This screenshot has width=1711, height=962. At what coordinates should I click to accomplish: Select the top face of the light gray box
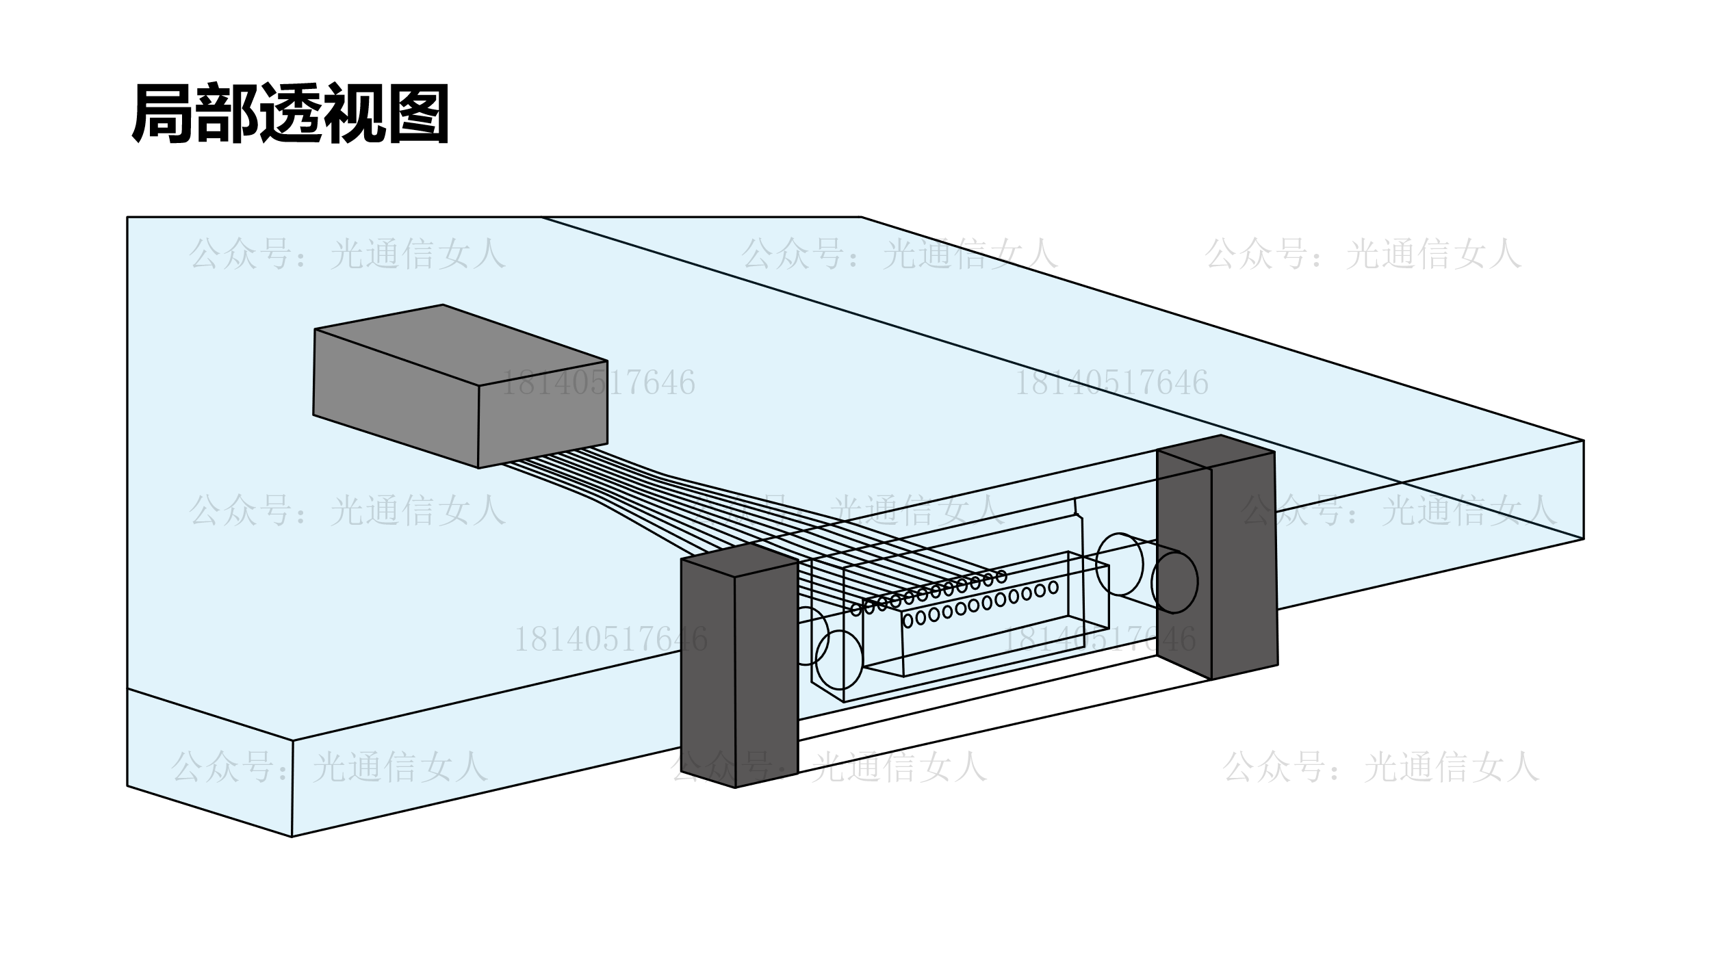pos(460,344)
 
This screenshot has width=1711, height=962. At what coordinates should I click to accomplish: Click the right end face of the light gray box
pos(543,415)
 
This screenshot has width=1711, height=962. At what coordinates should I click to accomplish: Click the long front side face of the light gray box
pos(396,399)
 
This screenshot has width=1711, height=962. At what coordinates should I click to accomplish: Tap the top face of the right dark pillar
pos(1215,452)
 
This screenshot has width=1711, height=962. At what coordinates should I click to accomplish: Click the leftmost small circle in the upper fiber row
pos(856,610)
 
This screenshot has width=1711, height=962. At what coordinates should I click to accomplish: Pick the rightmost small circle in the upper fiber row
pos(1001,577)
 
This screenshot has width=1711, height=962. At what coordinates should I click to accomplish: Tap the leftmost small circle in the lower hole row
pos(908,621)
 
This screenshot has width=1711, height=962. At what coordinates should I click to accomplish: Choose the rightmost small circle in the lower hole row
pos(1053,588)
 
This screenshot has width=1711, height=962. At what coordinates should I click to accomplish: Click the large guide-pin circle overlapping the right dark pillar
pos(1174,582)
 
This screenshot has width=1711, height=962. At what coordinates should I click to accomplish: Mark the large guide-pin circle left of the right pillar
pos(1119,564)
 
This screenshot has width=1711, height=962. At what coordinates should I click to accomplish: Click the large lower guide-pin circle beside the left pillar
pos(839,660)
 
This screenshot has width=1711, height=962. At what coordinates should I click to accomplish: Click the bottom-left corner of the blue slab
pos(292,836)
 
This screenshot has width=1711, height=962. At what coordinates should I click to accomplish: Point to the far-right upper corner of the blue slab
pos(1584,441)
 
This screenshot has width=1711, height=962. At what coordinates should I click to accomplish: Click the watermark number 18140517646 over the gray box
pos(598,383)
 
